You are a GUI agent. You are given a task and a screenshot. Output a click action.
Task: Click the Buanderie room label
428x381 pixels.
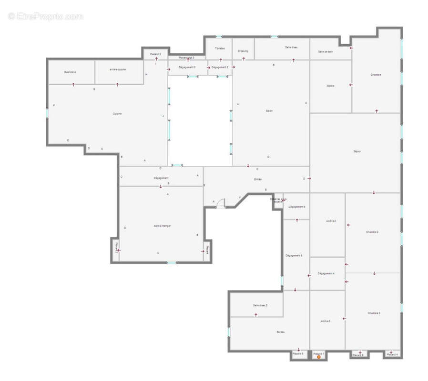[71, 72]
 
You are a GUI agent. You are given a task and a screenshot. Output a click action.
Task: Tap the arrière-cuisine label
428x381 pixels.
[118, 70]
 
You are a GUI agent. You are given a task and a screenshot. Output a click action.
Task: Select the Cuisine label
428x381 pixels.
[117, 114]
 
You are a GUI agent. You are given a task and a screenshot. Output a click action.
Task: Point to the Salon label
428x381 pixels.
[269, 111]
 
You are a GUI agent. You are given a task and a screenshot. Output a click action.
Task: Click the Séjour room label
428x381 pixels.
[357, 151]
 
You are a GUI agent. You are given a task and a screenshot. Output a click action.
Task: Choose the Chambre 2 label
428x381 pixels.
[372, 232]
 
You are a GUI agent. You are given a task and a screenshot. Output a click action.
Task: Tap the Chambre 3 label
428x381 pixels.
[374, 313]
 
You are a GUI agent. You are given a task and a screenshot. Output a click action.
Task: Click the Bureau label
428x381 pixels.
[280, 332]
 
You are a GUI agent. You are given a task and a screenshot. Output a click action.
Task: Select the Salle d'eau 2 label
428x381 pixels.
[260, 305]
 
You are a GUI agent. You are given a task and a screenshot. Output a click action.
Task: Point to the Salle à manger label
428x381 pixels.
[162, 226]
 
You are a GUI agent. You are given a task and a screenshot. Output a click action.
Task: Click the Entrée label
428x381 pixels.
[257, 179]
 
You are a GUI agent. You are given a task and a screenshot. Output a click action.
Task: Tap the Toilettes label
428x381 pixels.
[219, 49]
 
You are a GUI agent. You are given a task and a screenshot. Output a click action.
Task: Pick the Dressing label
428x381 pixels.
[243, 51]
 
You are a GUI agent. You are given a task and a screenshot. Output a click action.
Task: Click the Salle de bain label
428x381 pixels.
[326, 51]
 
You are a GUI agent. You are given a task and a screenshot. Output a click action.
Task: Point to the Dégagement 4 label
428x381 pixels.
[326, 273]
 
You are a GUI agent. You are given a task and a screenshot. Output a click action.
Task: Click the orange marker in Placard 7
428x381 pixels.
[319, 357]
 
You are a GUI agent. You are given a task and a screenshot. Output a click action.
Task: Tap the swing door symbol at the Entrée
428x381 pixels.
[221, 204]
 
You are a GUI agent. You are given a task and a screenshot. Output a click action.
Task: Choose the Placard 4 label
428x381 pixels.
[392, 354]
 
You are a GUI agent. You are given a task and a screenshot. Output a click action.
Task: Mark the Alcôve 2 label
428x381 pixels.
[331, 221]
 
